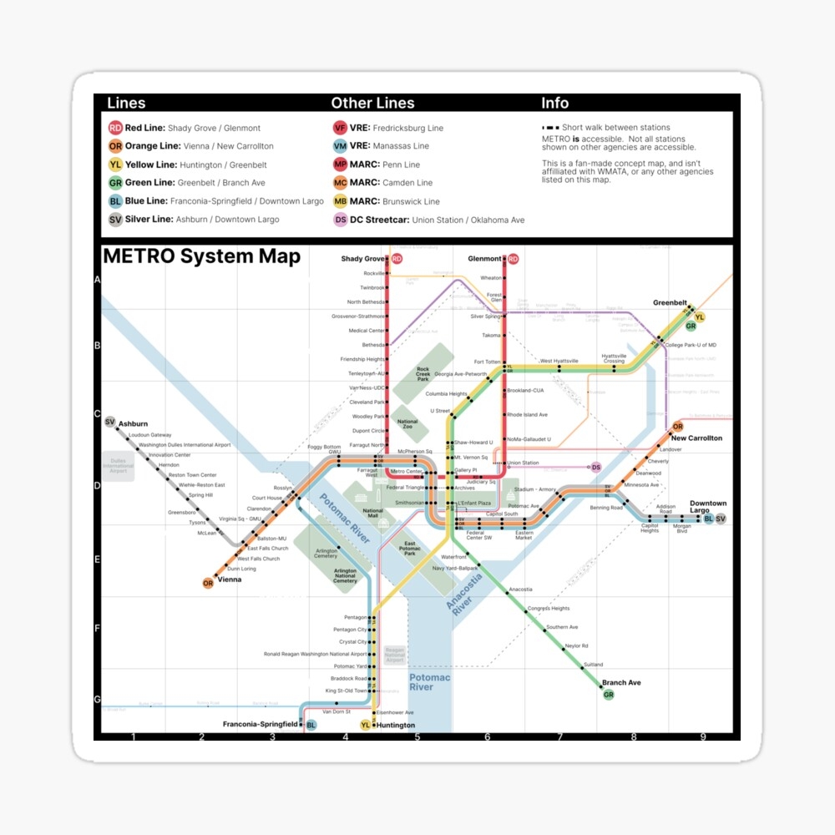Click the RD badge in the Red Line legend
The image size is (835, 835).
(x=115, y=128)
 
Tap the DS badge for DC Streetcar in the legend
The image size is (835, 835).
(x=340, y=220)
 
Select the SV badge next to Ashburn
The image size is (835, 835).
(x=110, y=423)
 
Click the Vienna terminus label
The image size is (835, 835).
(x=229, y=579)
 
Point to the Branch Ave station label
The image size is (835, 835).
(x=621, y=683)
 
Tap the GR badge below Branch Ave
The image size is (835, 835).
(x=609, y=695)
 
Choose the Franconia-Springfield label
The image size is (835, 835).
(x=260, y=724)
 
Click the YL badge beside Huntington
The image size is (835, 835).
(x=366, y=725)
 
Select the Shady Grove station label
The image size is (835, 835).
(x=363, y=259)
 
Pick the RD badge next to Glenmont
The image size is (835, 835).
(x=513, y=259)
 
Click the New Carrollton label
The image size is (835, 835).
(x=696, y=438)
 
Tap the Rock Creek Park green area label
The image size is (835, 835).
(x=423, y=373)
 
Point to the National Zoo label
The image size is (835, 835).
(x=407, y=423)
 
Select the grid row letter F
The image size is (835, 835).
(x=97, y=628)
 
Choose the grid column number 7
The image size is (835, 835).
(x=560, y=736)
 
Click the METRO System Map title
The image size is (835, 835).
(x=200, y=256)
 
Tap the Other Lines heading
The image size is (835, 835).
(x=372, y=104)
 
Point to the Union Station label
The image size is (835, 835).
(x=523, y=463)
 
